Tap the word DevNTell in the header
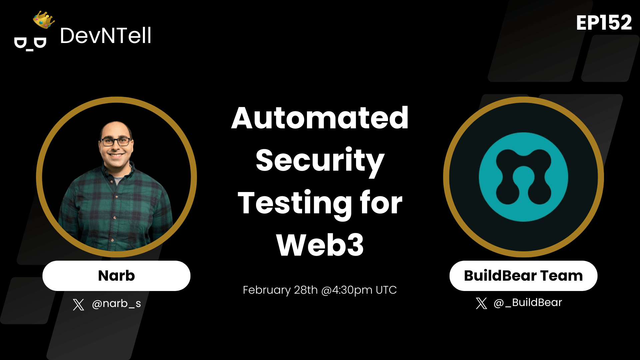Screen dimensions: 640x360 pyautogui.click(x=106, y=36)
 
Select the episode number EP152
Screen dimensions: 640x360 pyautogui.click(x=604, y=23)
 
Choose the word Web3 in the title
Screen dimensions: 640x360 pyautogui.click(x=320, y=245)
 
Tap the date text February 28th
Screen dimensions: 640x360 pyautogui.click(x=280, y=290)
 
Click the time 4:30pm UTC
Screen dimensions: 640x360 pyautogui.click(x=364, y=290)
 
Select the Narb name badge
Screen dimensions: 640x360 pyautogui.click(x=116, y=276)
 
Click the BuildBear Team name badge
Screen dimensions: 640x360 pyautogui.click(x=523, y=276)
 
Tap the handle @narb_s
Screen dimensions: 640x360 pyautogui.click(x=116, y=304)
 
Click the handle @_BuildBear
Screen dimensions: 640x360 pyautogui.click(x=528, y=303)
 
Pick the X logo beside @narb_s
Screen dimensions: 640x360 pyautogui.click(x=79, y=304)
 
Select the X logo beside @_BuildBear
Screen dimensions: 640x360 pyautogui.click(x=481, y=303)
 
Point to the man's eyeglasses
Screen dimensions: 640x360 pyautogui.click(x=116, y=142)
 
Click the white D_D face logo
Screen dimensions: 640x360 pyautogui.click(x=30, y=44)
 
